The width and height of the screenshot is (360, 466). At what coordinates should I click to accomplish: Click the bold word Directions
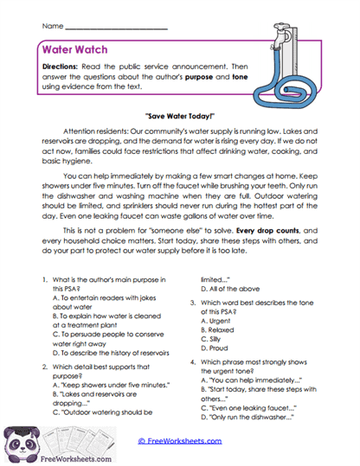point(67,67)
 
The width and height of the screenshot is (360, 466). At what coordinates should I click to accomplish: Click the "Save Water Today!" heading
point(180,113)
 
